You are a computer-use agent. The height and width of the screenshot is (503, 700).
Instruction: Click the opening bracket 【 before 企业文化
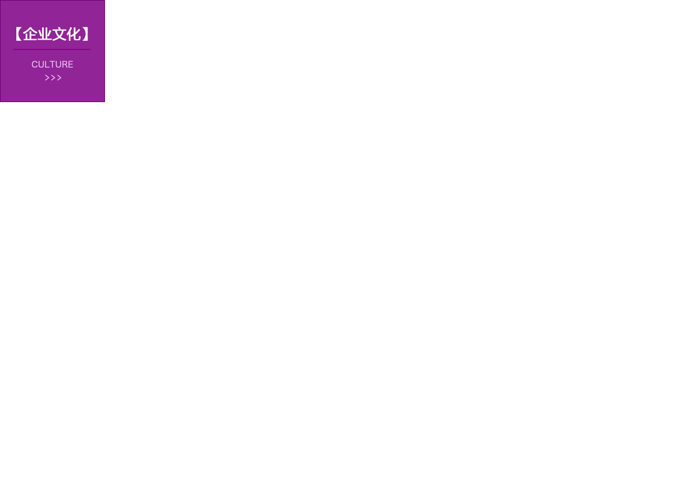tap(19, 34)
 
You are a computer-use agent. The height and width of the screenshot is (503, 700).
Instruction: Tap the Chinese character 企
tap(30, 34)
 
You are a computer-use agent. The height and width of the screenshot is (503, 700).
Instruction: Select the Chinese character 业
tap(45, 34)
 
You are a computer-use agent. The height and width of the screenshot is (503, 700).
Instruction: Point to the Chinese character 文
tap(60, 34)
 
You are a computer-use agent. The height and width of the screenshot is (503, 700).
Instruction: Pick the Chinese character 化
tap(73, 34)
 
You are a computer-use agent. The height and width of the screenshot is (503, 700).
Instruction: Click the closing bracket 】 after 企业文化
tap(86, 34)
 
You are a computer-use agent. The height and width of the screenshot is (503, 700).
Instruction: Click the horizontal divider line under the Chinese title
tap(52, 50)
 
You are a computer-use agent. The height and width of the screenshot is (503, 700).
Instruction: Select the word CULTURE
tap(52, 64)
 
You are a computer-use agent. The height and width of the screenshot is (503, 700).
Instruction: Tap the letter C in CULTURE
tap(34, 64)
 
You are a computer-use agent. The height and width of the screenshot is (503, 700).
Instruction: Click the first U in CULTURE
tap(41, 64)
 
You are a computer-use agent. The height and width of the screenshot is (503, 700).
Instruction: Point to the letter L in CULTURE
tap(46, 64)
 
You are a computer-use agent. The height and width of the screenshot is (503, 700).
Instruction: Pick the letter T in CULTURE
tap(51, 64)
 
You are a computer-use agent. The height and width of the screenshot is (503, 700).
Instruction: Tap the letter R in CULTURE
tap(64, 64)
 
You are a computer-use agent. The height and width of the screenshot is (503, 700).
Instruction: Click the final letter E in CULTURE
tap(71, 64)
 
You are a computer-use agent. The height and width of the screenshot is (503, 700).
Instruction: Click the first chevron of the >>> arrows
tap(47, 78)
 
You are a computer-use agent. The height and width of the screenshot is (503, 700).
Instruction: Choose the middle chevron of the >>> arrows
tap(53, 78)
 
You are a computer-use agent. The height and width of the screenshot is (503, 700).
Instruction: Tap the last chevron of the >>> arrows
tap(59, 78)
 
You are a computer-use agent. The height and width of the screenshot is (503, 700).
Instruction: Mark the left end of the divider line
tap(14, 50)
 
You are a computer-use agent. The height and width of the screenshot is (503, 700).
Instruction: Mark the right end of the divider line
tap(90, 50)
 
